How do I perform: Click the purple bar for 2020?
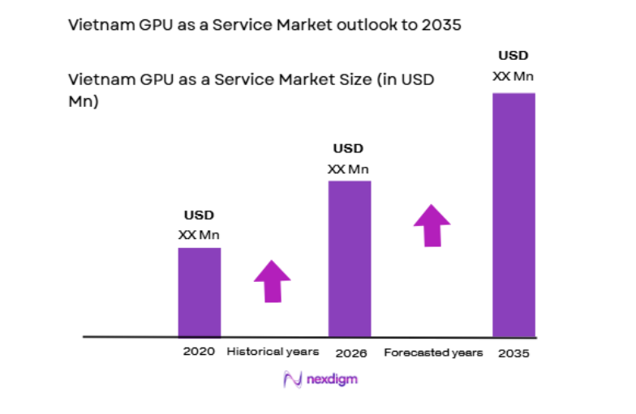click(200, 292)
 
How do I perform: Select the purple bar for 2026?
click(350, 258)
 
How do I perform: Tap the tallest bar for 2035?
click(514, 215)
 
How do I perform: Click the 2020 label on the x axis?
click(199, 352)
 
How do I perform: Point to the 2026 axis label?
click(350, 353)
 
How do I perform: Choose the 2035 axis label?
click(514, 353)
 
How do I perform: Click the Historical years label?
click(273, 352)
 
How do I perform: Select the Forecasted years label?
click(433, 352)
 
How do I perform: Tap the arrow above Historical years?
click(272, 281)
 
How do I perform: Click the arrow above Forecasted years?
click(432, 225)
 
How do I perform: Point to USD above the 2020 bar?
click(199, 216)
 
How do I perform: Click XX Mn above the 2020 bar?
click(199, 235)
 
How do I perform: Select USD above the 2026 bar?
click(348, 149)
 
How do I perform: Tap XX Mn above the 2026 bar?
click(348, 169)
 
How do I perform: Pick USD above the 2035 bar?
click(513, 56)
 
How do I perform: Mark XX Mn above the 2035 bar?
click(513, 76)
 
